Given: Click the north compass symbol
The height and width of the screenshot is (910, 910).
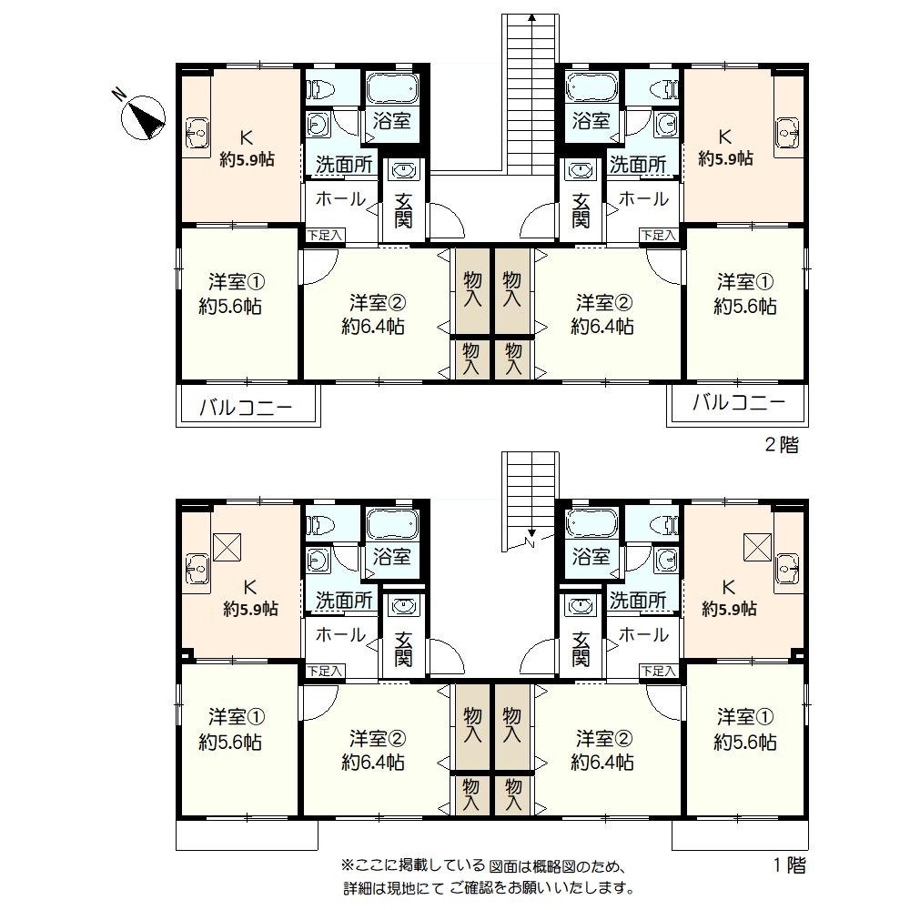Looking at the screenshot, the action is tap(142, 117).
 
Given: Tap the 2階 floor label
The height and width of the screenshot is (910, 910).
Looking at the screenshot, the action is tap(782, 445).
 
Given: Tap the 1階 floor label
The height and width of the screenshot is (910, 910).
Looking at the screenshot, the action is tap(790, 865).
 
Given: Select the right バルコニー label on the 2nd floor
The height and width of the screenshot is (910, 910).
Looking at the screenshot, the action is tap(738, 401).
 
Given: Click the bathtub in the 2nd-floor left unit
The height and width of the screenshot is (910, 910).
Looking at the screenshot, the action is tap(391, 87).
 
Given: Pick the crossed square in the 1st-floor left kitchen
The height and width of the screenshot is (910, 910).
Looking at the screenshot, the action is tap(227, 547).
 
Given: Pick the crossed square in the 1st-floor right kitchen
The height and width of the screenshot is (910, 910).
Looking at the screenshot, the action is tap(758, 547).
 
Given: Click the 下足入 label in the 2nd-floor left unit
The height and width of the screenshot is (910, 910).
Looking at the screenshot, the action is tap(325, 235).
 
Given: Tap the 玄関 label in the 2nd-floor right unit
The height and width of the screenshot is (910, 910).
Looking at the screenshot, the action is tap(581, 210).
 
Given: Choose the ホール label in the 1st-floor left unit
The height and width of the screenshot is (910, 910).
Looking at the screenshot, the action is tap(340, 634).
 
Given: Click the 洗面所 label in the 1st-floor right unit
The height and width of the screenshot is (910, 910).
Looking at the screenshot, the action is tap(638, 600).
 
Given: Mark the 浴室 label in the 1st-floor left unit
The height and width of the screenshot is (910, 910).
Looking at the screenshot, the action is tap(391, 557).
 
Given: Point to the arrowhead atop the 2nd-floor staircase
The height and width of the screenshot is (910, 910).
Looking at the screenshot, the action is tap(531, 18).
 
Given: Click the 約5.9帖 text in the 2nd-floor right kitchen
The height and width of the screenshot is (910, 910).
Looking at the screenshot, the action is tap(726, 157).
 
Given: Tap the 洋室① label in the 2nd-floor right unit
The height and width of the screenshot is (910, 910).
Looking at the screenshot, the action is tap(745, 282).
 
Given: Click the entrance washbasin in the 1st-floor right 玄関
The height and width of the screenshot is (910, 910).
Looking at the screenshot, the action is tap(580, 605).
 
